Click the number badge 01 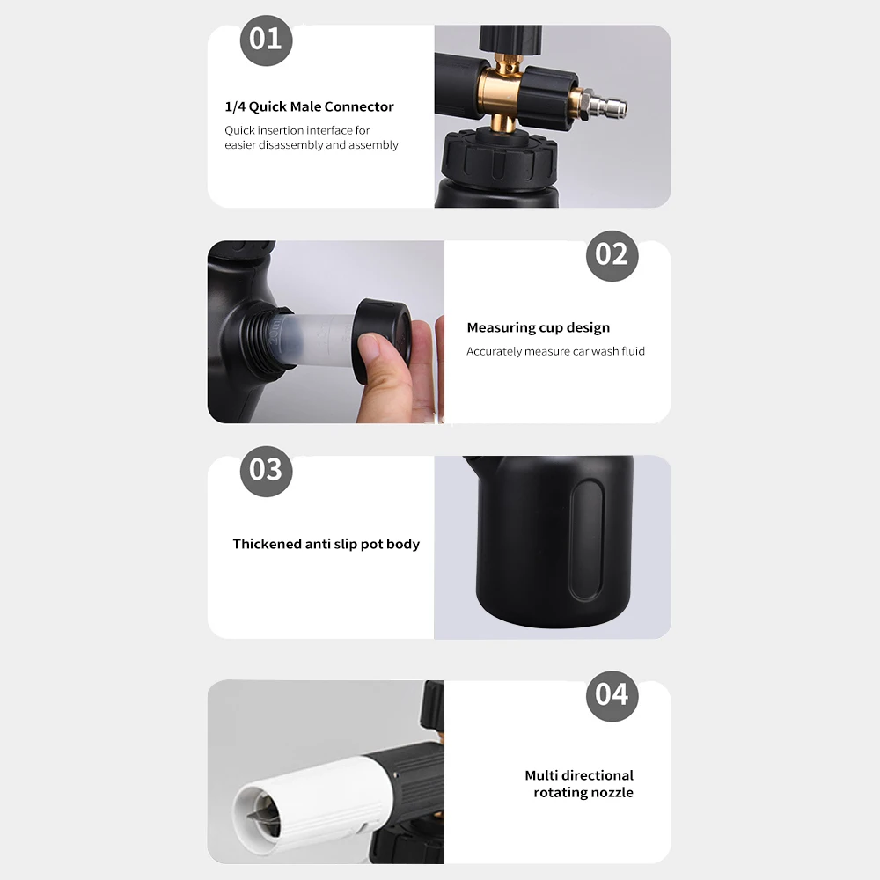pos(266,40)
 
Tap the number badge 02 pos(612,255)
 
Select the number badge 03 pos(266,470)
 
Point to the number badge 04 pos(612,694)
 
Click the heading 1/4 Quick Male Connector pos(309,106)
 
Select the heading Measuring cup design pos(538,327)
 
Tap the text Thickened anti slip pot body pos(326,544)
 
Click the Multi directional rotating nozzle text pos(579,783)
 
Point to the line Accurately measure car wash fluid pos(555,351)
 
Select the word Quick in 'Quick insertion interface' pos(241,130)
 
